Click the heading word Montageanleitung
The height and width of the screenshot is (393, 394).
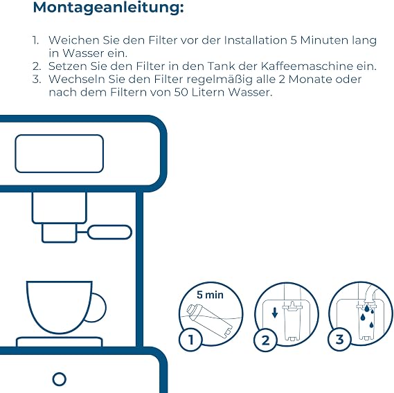(x=108, y=8)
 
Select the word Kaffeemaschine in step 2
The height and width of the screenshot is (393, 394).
(x=307, y=66)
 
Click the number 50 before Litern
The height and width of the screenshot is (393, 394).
(x=181, y=93)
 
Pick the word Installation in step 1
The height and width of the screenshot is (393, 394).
(x=256, y=40)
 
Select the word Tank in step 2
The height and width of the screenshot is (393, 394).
(x=221, y=66)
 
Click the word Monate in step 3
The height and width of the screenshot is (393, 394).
(x=310, y=79)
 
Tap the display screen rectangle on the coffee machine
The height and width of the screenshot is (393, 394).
(x=60, y=154)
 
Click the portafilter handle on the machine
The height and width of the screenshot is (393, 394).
(x=109, y=232)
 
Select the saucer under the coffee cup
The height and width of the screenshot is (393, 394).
(x=60, y=342)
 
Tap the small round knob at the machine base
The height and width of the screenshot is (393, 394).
(x=60, y=379)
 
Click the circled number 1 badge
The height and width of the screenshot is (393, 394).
(x=190, y=340)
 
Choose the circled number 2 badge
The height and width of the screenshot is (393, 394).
(x=266, y=340)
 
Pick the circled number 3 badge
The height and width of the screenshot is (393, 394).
(x=340, y=340)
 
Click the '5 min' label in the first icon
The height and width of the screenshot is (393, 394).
(x=210, y=295)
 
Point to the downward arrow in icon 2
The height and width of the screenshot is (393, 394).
(x=275, y=313)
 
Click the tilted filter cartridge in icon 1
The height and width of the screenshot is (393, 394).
(x=211, y=321)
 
